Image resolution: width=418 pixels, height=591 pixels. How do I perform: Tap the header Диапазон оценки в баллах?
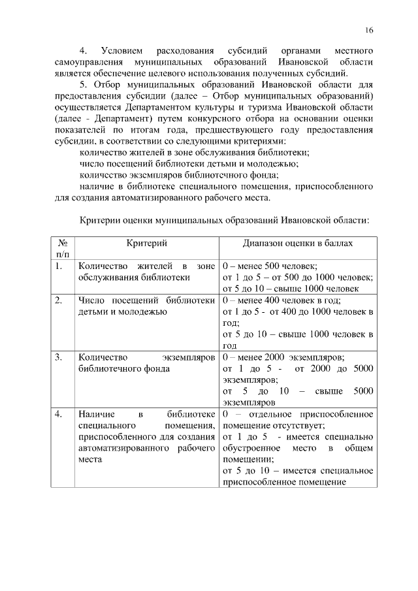coord(298,243)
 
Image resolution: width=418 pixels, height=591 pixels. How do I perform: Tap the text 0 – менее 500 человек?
coord(269,266)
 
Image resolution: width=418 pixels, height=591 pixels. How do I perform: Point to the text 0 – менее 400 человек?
coord(269,300)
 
